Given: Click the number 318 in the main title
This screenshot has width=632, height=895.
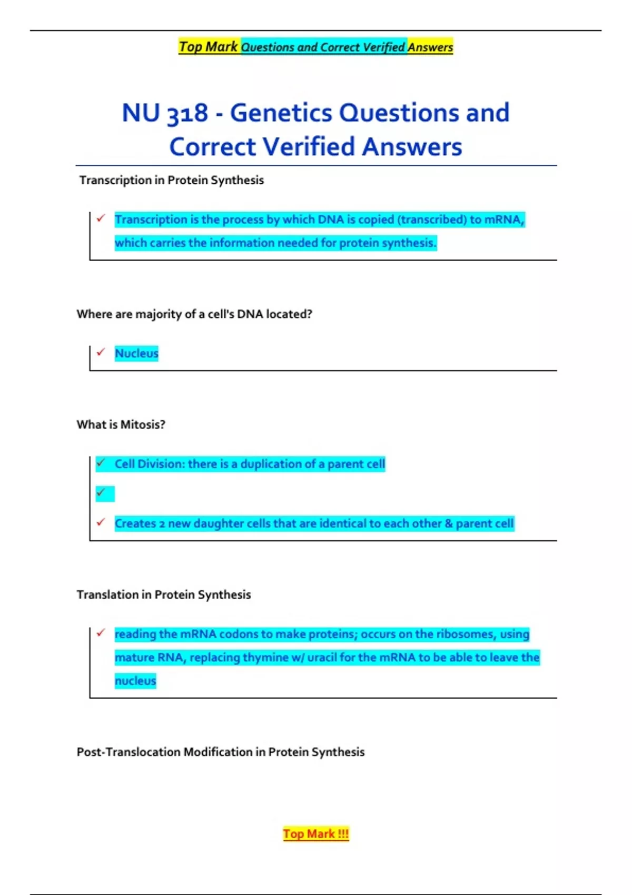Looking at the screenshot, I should pyautogui.click(x=187, y=113).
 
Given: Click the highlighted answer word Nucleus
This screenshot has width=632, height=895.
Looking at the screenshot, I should pyautogui.click(x=136, y=353).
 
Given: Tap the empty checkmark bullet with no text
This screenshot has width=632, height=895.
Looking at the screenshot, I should pyautogui.click(x=101, y=493).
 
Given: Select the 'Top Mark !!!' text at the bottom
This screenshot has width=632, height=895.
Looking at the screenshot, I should pyautogui.click(x=315, y=834).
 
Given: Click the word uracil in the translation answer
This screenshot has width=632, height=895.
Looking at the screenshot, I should pyautogui.click(x=322, y=658).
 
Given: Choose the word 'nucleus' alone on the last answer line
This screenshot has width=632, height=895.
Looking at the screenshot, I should pyautogui.click(x=135, y=681).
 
